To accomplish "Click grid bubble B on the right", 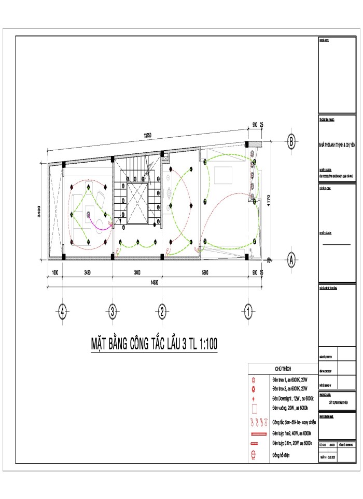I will click(x=292, y=140).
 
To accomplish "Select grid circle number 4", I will click(x=63, y=312).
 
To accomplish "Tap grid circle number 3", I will click(x=112, y=312).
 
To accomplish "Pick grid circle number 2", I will click(x=162, y=312).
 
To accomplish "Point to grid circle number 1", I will click(x=248, y=312).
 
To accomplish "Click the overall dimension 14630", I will click(x=155, y=282).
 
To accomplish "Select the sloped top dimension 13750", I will click(x=147, y=135).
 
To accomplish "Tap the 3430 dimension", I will click(x=87, y=272).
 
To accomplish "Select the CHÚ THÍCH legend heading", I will click(x=285, y=369).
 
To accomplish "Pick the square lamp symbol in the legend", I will click(x=254, y=408).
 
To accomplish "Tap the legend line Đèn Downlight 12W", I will click(x=292, y=398).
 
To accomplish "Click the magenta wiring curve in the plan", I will click(x=99, y=222).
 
